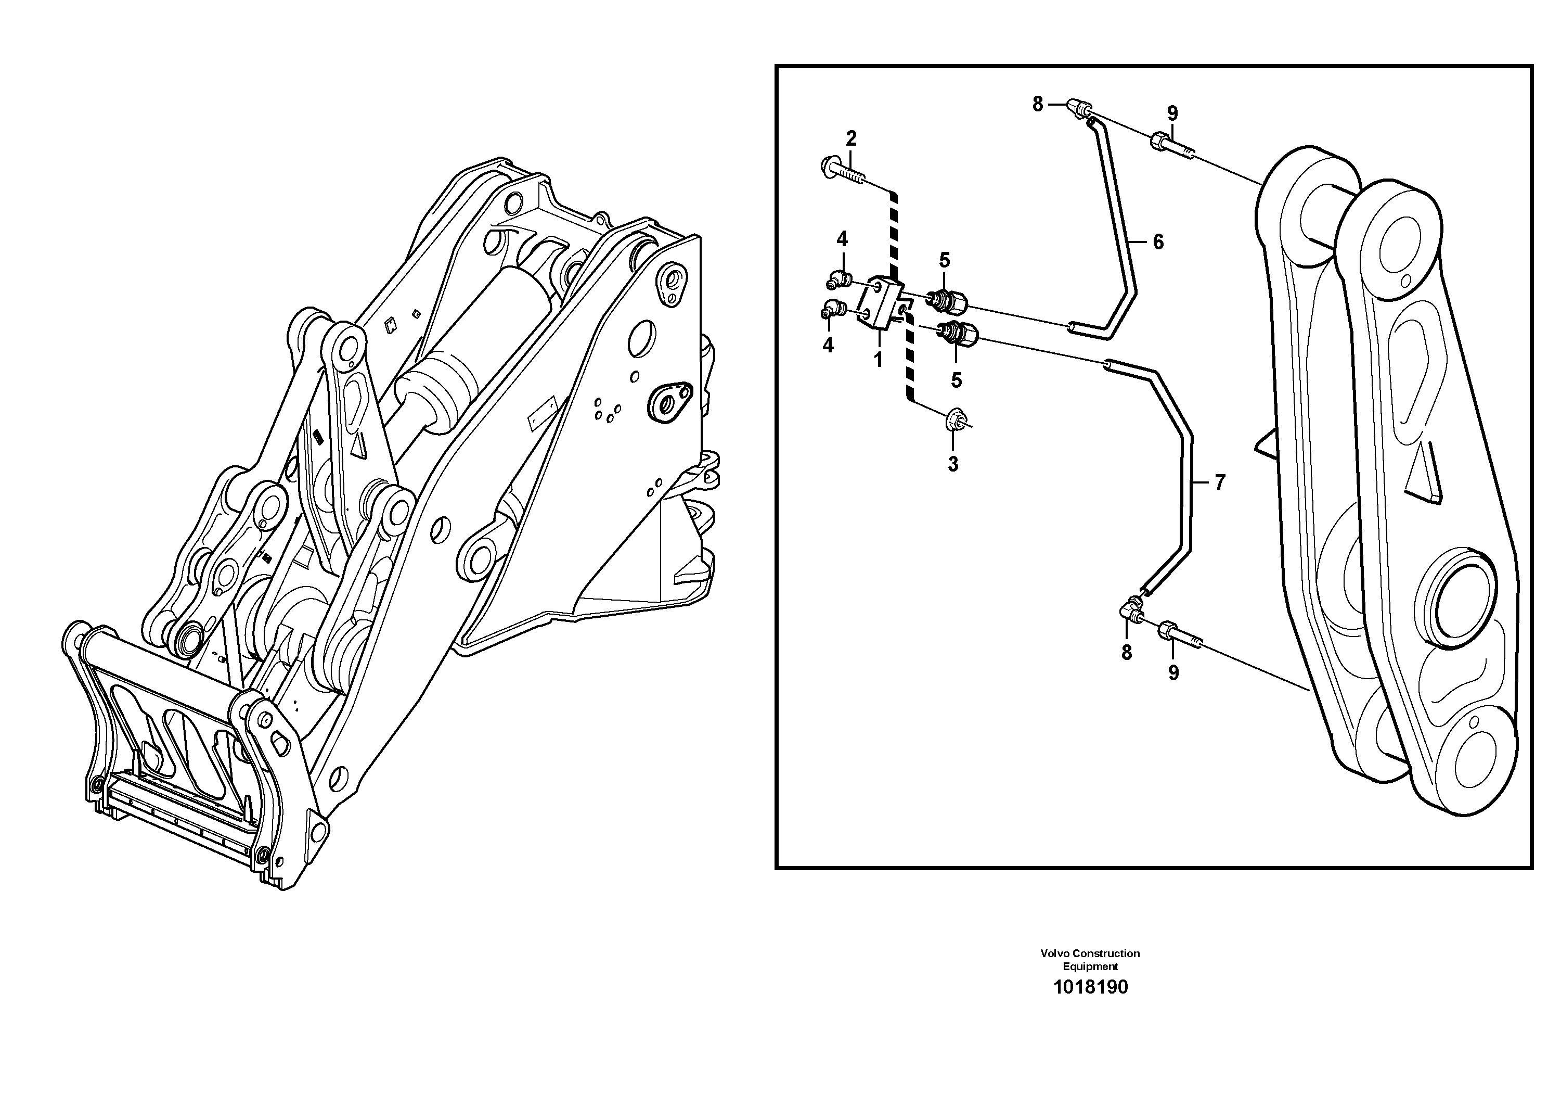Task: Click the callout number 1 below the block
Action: point(878,360)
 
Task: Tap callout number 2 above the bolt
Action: point(851,139)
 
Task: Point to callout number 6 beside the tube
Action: point(1158,241)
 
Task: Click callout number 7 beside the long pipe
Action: point(1219,482)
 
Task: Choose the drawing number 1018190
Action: point(1090,987)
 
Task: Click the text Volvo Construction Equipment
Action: point(1090,959)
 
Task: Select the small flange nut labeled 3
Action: point(953,419)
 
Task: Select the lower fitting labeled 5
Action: point(958,334)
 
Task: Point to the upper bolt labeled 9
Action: point(1170,145)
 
